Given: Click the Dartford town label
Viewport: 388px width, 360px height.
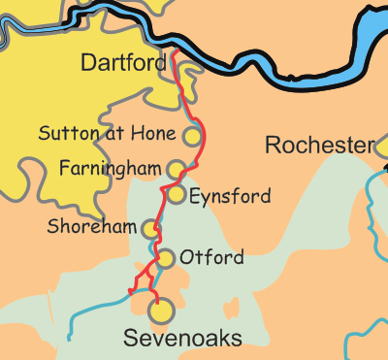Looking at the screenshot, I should point(122,64).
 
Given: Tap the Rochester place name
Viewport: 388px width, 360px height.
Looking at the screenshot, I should point(318,147).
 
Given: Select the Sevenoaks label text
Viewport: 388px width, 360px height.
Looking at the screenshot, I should point(182,337).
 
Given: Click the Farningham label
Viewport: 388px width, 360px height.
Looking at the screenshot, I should point(110,169).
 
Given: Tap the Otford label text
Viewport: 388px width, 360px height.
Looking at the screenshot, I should point(211,258).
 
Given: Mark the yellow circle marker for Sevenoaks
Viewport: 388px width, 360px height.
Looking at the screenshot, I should point(161,311).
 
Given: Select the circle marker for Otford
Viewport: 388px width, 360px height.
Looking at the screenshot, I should point(166,258).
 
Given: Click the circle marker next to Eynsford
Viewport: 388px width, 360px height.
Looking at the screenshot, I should point(177,195).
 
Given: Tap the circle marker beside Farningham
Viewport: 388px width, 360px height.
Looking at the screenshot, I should point(176,169).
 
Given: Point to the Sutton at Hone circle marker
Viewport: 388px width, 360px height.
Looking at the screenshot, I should point(193,136).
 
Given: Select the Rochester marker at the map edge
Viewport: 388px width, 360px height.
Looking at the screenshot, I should point(381,147).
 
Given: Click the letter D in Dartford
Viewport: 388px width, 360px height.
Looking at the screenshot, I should point(88,64).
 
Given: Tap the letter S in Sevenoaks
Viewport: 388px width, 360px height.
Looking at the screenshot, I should point(130,337).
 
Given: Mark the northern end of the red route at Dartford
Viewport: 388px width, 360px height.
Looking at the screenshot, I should point(173,56).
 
